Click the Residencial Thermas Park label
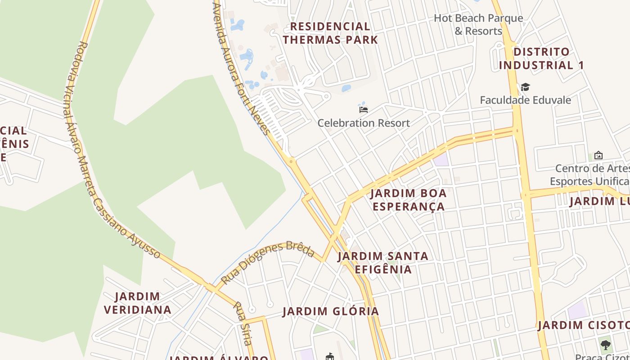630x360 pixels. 330,33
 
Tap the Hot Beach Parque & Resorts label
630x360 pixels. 478,24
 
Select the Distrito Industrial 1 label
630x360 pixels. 541,58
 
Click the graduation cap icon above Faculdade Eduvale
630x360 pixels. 525,87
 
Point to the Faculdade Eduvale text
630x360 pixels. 525,100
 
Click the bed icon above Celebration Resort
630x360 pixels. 364,109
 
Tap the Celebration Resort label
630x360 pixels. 364,123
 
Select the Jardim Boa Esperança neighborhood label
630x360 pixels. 408,200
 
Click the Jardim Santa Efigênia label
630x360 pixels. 383,263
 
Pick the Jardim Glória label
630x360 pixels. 331,311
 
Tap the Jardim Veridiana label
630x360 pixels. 137,303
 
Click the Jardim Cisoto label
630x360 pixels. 583,325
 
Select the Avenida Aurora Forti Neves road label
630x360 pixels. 241,67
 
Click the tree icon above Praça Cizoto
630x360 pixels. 606,345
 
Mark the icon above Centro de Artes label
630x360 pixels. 598,155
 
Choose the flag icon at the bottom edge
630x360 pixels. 330,356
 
